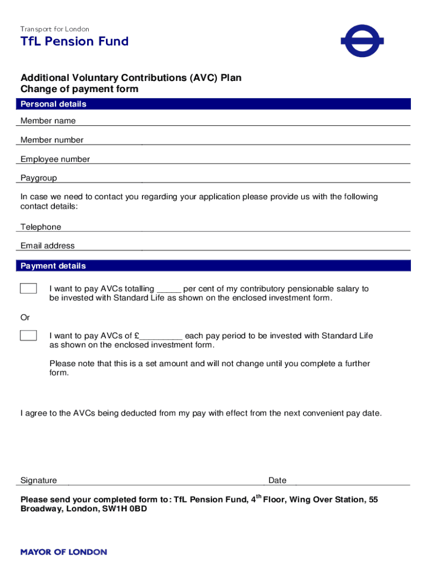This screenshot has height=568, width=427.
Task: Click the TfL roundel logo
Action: (362, 40)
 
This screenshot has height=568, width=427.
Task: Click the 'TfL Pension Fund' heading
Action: (74, 42)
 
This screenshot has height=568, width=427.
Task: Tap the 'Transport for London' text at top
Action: (55, 29)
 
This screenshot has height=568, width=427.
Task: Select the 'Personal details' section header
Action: (53, 104)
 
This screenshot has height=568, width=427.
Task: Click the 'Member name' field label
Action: (48, 121)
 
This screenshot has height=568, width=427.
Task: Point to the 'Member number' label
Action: (52, 140)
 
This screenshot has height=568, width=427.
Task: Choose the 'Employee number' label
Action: (55, 159)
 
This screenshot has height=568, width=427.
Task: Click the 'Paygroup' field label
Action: (39, 178)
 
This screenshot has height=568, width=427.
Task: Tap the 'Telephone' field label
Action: (41, 227)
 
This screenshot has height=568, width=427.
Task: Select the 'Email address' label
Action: (48, 246)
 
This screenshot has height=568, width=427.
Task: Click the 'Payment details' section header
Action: (53, 266)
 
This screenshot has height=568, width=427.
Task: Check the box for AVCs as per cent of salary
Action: (28, 288)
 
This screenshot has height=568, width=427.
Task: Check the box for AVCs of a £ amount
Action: (28, 336)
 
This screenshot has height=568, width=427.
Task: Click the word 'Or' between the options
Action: (26, 318)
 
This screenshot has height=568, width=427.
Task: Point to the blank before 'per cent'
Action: (169, 290)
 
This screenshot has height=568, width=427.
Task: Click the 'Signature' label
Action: (39, 480)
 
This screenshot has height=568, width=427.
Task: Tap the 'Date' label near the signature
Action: (277, 480)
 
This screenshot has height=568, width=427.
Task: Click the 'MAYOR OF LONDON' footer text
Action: (64, 552)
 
